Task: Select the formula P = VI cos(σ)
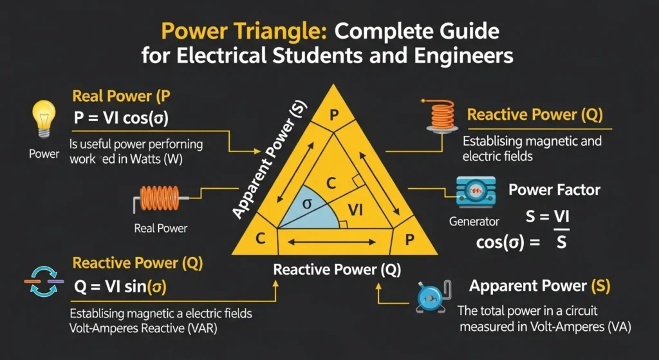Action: [123, 118]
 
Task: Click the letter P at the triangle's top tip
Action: [333, 115]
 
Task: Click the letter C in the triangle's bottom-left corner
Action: [261, 239]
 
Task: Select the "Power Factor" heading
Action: [554, 190]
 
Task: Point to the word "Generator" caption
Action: [474, 222]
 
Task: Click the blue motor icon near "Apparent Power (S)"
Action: [429, 296]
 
